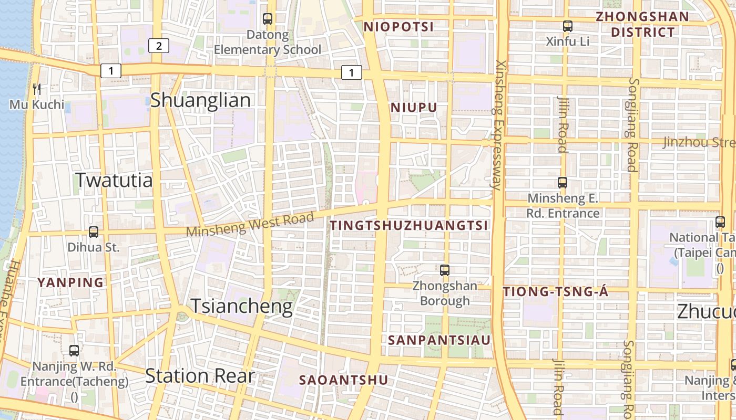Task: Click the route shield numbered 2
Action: [x=158, y=46]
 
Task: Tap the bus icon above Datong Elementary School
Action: [x=268, y=19]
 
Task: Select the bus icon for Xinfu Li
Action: [x=567, y=26]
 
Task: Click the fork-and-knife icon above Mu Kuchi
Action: [x=37, y=89]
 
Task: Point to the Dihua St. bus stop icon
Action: [x=94, y=232]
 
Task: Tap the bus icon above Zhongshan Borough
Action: [x=445, y=270]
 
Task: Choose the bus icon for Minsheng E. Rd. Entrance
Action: [x=563, y=183]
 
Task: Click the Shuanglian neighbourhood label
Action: [x=200, y=100]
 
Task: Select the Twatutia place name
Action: [x=114, y=180]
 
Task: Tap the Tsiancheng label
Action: [x=241, y=306]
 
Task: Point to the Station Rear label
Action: [x=200, y=376]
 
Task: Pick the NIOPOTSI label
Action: [x=398, y=27]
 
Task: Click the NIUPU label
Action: [x=414, y=108]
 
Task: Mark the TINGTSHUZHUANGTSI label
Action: [x=409, y=226]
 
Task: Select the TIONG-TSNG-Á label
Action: [x=556, y=292]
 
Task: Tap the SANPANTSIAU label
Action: [x=439, y=340]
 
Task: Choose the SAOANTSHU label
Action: [x=344, y=380]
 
